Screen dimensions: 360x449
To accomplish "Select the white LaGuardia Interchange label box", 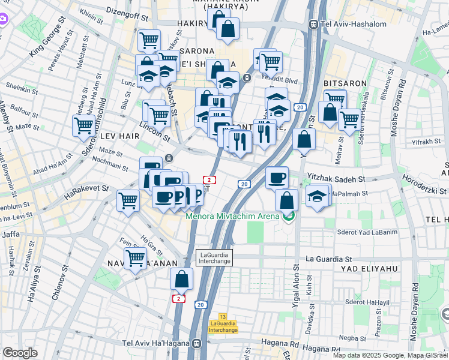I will tap(214, 257).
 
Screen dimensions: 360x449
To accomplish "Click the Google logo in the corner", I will tap(20, 353).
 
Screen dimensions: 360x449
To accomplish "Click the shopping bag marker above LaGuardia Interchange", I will tap(182, 280).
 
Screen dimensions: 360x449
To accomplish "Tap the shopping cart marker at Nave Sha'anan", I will tap(136, 259).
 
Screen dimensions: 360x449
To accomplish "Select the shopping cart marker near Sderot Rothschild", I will tap(83, 125).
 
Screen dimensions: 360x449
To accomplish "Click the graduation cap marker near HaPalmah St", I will tap(317, 196).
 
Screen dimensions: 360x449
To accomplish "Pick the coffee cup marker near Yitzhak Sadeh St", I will tap(277, 178).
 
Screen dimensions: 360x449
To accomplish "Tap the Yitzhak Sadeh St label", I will tap(336, 179).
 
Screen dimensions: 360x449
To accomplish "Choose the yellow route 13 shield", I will tap(223, 316).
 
